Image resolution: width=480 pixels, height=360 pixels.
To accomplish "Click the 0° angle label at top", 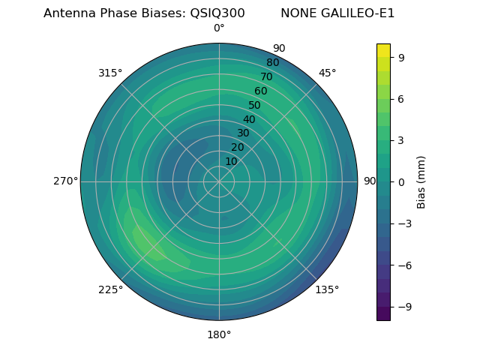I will [219, 28].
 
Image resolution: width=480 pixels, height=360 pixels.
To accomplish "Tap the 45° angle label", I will [327, 73].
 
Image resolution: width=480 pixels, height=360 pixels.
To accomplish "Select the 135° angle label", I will [327, 289].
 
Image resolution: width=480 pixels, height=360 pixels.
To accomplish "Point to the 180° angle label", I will [219, 334].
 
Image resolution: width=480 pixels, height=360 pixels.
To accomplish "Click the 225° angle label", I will [110, 289].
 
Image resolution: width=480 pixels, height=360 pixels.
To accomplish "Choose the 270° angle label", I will [65, 181].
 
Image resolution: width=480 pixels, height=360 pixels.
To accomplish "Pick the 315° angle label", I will [110, 73].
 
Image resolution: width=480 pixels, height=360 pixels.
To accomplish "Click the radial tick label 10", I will [231, 161].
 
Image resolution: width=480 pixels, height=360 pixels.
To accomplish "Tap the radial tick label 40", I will [249, 119].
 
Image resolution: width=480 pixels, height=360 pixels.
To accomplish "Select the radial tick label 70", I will [266, 76].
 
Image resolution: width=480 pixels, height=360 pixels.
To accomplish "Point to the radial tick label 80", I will [272, 62].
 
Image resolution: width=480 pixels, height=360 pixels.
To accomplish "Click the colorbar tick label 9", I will [402, 57].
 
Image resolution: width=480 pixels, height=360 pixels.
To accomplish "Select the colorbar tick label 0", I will [402, 181].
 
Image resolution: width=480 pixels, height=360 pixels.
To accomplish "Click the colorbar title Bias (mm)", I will [421, 181].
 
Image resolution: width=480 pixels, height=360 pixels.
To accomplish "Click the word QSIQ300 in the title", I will [217, 13].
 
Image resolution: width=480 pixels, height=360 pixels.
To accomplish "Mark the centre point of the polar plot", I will [219, 181].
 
